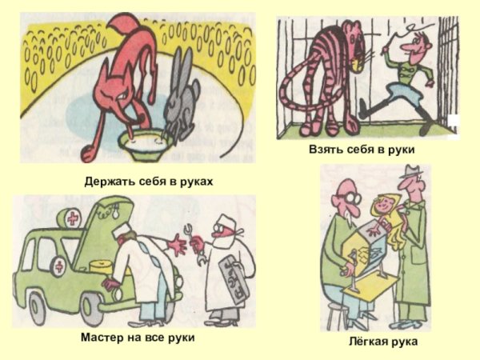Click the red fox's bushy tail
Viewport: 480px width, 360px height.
121,27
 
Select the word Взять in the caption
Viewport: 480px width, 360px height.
326,150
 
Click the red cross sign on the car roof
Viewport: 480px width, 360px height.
73,218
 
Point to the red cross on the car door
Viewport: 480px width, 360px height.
59,266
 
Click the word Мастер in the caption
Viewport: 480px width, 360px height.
101,338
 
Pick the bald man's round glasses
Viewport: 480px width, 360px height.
353,198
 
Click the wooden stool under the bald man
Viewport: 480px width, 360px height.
338,315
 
